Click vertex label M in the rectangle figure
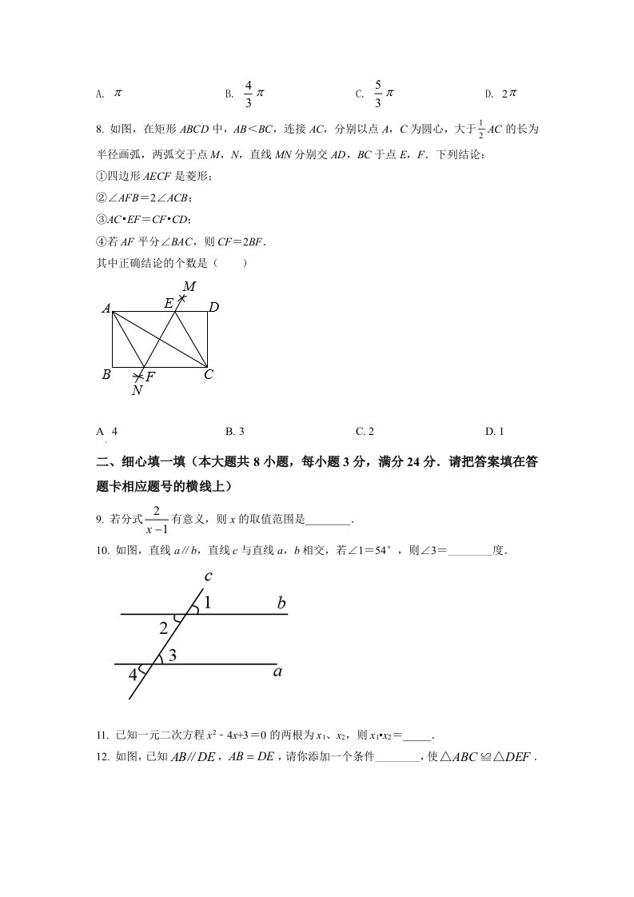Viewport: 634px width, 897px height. click(189, 286)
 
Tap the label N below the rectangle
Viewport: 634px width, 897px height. click(137, 390)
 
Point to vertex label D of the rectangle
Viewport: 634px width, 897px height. click(213, 306)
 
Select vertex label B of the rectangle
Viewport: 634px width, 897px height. click(106, 373)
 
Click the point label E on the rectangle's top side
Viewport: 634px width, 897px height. click(169, 303)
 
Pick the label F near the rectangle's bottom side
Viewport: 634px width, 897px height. click(150, 377)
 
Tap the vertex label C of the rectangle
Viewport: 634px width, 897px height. click(209, 373)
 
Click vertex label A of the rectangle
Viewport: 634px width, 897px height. click(106, 308)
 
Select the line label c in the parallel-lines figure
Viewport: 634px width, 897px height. click(208, 576)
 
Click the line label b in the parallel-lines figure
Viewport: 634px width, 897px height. click(281, 604)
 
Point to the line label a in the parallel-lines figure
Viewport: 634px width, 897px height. click(277, 672)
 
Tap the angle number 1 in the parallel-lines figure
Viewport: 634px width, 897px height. click(207, 604)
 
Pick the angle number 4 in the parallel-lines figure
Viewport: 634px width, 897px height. click(133, 675)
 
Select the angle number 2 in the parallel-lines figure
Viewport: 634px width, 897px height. click(164, 628)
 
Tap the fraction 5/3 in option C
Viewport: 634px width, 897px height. click(378, 94)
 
